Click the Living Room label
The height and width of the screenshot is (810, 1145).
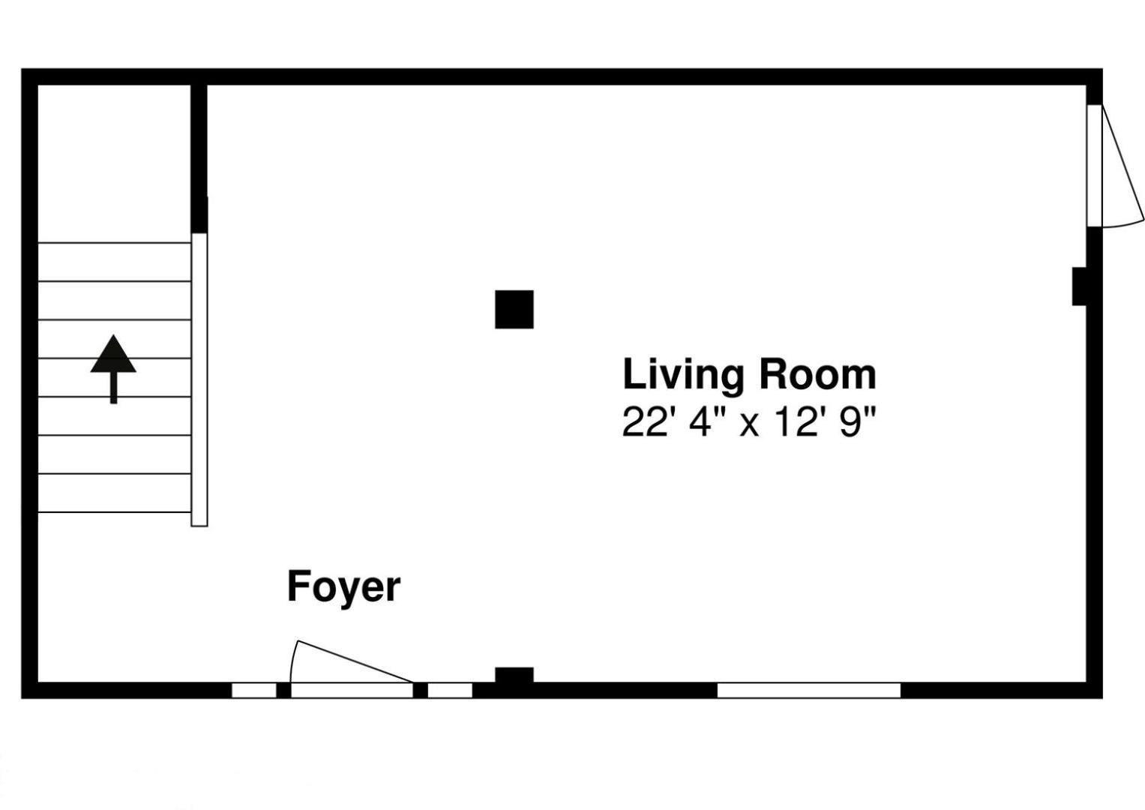point(749,376)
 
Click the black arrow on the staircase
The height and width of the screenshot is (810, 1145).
point(113,369)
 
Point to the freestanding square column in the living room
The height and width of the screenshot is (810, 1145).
point(514,309)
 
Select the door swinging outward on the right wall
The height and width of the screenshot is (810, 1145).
point(1115,166)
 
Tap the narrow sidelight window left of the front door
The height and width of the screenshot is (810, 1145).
point(254,690)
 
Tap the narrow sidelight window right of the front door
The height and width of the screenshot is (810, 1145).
point(450,690)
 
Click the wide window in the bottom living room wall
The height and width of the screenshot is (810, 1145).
point(808,690)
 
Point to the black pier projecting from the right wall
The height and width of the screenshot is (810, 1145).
point(1079,286)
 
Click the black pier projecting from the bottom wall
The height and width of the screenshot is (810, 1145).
point(514,675)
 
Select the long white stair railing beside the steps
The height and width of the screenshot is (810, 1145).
point(199,379)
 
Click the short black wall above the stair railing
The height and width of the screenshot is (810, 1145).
point(199,158)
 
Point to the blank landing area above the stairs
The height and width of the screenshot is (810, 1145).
point(115,163)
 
